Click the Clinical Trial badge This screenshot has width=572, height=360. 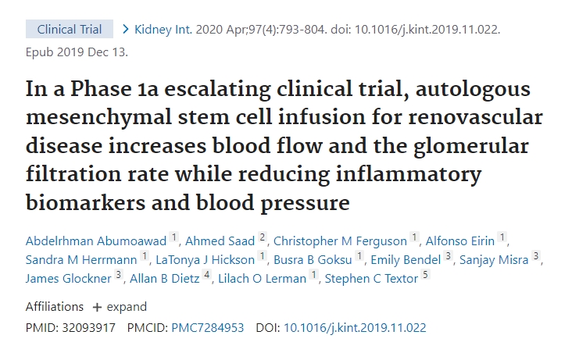[69, 30]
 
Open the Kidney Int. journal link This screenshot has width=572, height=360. [162, 30]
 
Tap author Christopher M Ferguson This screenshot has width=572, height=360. [341, 240]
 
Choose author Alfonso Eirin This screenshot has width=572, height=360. [461, 240]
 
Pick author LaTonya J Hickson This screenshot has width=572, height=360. [206, 259]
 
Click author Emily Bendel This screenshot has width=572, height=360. [406, 259]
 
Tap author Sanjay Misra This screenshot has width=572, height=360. [495, 259]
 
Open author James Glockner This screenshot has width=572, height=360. [69, 277]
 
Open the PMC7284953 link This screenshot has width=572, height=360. [208, 328]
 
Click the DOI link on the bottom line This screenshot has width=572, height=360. [355, 328]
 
